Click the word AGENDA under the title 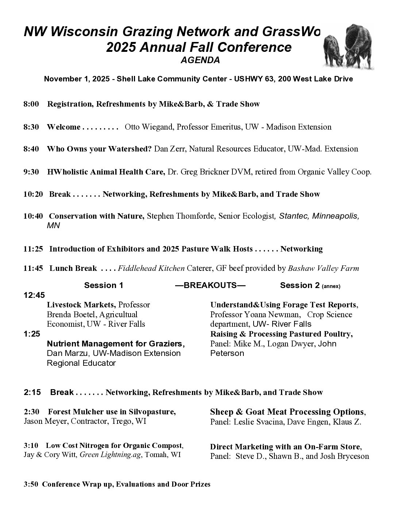coord(200,61)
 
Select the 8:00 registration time coord(31,104)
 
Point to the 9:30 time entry coord(31,172)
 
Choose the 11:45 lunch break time coord(33,268)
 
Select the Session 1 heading coord(104,285)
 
